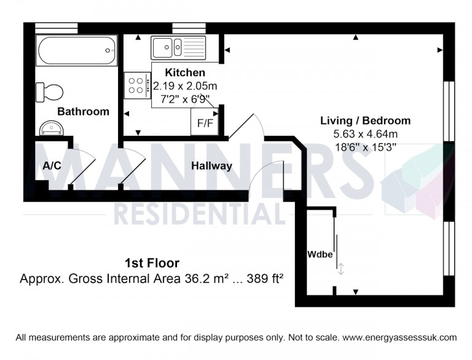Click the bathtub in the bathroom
(76, 51)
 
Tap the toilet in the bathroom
(49, 92)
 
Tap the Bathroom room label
(83, 112)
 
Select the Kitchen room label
(181, 72)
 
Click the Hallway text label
(211, 166)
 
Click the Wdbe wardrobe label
(320, 254)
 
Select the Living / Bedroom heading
(366, 120)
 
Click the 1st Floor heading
(152, 264)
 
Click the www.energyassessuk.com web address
(399, 337)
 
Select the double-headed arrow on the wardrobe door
(341, 268)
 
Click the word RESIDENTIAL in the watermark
(200, 214)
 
